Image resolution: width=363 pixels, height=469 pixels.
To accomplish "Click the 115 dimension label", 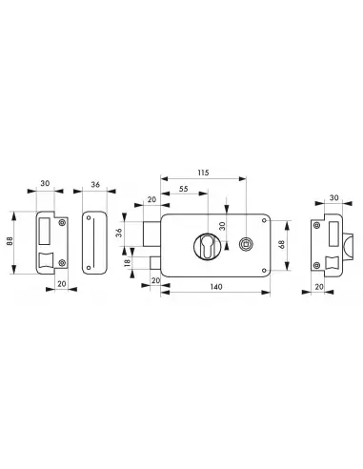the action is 203,173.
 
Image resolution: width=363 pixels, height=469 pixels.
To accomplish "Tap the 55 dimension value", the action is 184,189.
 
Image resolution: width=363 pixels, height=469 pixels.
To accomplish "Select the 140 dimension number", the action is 216,287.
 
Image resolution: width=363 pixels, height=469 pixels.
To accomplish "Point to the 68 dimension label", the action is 282,244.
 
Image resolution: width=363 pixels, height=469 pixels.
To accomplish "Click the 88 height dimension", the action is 10,241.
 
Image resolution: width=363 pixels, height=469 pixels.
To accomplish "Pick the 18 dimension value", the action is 127,262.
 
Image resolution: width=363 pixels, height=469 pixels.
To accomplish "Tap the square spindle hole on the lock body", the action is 245,244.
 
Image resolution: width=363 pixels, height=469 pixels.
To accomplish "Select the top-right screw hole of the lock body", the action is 264,220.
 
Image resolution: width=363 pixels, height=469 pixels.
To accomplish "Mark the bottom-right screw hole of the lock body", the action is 264,271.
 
